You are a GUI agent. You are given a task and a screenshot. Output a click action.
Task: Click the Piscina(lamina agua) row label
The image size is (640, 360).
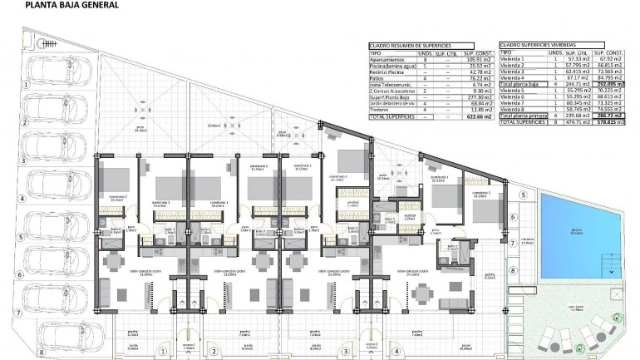tap(394, 66)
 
